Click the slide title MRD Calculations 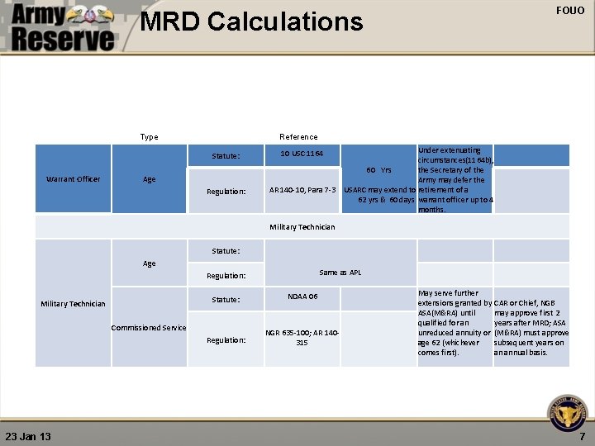tap(251, 21)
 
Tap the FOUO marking tap(570, 11)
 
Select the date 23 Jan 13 tap(28, 435)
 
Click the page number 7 tap(582, 435)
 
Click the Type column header tap(149, 136)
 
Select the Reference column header tap(298, 136)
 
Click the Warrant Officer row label tap(74, 178)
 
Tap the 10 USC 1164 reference tap(301, 154)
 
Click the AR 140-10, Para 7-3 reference tap(302, 191)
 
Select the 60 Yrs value tap(380, 170)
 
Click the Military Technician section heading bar tap(302, 226)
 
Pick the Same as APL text tap(340, 273)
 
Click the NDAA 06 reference tap(302, 296)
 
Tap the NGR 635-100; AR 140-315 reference tap(302, 337)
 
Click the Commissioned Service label tap(149, 327)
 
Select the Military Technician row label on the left tap(74, 303)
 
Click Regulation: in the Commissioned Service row tap(226, 339)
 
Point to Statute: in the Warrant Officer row tap(226, 155)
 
